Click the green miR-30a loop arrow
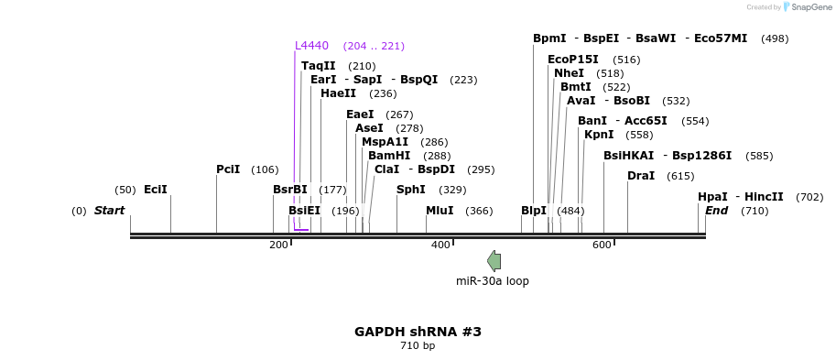494,261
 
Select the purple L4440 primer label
311,46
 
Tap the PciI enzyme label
228,169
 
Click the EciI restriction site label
156,190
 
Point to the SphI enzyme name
410,190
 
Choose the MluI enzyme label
440,211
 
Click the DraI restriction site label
641,176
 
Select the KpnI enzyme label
599,135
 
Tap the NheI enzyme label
569,73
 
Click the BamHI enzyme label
389,156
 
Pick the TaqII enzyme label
319,66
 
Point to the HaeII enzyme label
338,93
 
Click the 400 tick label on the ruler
440,245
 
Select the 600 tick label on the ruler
602,245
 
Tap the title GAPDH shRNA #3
418,331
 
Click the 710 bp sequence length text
418,346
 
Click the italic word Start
109,211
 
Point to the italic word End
716,211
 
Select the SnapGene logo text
810,7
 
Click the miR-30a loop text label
493,281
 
